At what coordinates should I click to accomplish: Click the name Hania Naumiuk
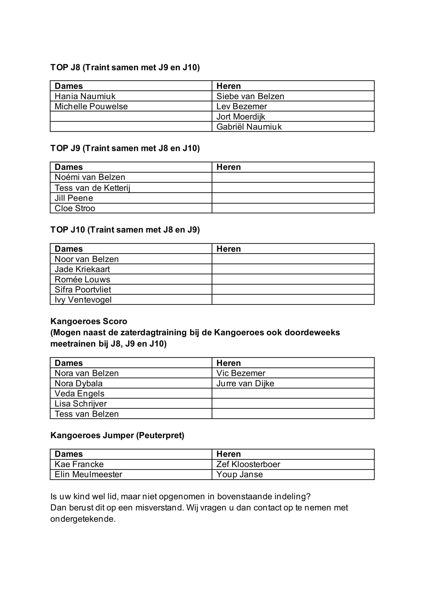[x=85, y=96]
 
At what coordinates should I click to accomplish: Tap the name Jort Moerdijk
[x=241, y=116]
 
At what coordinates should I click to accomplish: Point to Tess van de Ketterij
[x=92, y=188]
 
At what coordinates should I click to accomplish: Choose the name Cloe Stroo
[x=75, y=208]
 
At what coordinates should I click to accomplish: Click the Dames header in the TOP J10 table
[x=69, y=249]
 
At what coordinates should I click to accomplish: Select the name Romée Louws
[x=82, y=279]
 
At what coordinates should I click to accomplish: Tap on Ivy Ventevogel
[x=83, y=300]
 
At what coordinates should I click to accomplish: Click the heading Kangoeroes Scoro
[x=89, y=321]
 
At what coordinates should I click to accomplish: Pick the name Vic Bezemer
[x=241, y=373]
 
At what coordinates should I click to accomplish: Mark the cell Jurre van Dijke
[x=245, y=383]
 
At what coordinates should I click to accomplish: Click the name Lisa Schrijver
[x=81, y=403]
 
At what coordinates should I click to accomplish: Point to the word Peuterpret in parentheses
[x=160, y=435]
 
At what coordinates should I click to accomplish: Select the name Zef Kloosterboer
[x=248, y=464]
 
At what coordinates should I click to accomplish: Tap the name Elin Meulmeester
[x=88, y=474]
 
